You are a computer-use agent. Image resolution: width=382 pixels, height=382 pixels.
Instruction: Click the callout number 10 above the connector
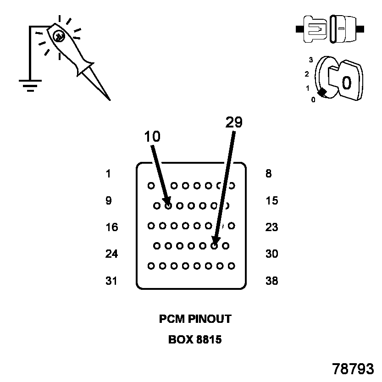tap(152, 136)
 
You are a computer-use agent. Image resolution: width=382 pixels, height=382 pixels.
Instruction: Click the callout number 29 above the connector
tap(234, 122)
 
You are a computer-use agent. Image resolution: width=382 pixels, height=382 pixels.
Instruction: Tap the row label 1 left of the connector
tap(108, 174)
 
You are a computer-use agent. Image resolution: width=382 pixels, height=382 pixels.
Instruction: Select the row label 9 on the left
tap(109, 200)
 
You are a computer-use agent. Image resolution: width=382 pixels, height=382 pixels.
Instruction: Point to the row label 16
tap(112, 227)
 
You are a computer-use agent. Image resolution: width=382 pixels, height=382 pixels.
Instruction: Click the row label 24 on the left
tap(111, 254)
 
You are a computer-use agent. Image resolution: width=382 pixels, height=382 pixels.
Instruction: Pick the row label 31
tap(111, 281)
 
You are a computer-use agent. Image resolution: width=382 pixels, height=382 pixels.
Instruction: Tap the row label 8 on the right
tap(268, 174)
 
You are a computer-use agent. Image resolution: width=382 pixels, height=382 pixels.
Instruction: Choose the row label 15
tap(271, 201)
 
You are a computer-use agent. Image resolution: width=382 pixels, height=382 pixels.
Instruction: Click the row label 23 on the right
tap(271, 227)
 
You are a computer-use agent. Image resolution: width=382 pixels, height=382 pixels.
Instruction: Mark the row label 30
tap(271, 254)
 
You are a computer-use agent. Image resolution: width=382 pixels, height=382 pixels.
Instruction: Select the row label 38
tap(271, 281)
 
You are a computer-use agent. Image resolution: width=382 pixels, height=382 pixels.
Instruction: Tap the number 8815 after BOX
tap(209, 340)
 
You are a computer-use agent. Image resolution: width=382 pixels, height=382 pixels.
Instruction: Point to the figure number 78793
tap(353, 369)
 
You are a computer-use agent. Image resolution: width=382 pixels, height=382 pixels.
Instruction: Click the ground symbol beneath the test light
tap(30, 86)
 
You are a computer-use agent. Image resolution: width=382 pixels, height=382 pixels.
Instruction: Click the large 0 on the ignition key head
tap(347, 83)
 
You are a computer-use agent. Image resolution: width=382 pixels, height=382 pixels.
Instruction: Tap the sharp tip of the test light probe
tap(110, 100)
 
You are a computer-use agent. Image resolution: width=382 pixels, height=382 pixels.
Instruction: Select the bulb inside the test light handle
tap(59, 37)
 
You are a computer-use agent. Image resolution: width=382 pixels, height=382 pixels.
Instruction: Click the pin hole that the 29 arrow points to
tap(214, 246)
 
